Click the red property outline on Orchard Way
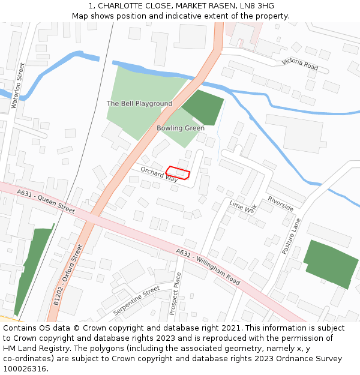178,173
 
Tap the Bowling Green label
181,128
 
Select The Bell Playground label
139,104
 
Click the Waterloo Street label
19,86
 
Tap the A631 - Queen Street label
46,202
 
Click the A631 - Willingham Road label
208,267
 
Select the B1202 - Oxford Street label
68,275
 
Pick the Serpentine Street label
136,301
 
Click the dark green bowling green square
203,107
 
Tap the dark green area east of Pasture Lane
331,263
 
